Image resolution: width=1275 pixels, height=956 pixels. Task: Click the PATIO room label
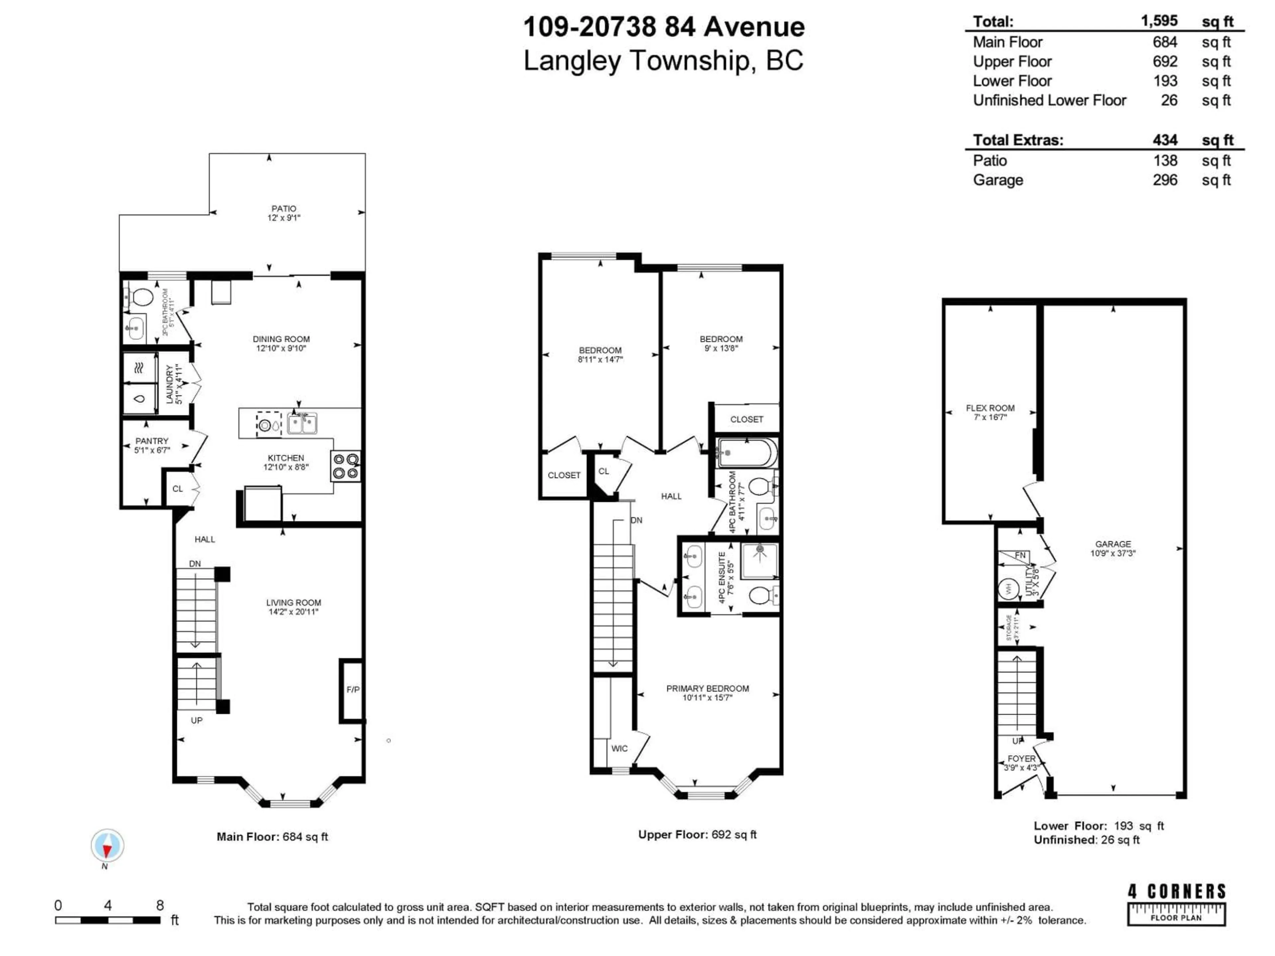(x=284, y=208)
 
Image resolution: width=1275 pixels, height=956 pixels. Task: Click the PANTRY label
(x=152, y=441)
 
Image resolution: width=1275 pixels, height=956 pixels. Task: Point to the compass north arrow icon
(x=107, y=846)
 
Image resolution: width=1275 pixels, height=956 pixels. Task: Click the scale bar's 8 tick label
(x=160, y=905)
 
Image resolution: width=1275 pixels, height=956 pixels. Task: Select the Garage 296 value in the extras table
(x=1165, y=180)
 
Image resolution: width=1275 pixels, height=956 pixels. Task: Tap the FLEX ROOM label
(x=990, y=408)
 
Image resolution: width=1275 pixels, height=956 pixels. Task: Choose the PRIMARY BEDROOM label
(x=707, y=689)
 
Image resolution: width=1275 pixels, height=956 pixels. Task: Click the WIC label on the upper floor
(x=619, y=749)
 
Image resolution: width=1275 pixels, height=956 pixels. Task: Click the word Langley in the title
(x=572, y=61)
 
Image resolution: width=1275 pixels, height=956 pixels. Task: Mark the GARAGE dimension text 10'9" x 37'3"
(x=1112, y=553)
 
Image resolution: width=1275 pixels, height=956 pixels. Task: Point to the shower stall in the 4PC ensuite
(x=760, y=560)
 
